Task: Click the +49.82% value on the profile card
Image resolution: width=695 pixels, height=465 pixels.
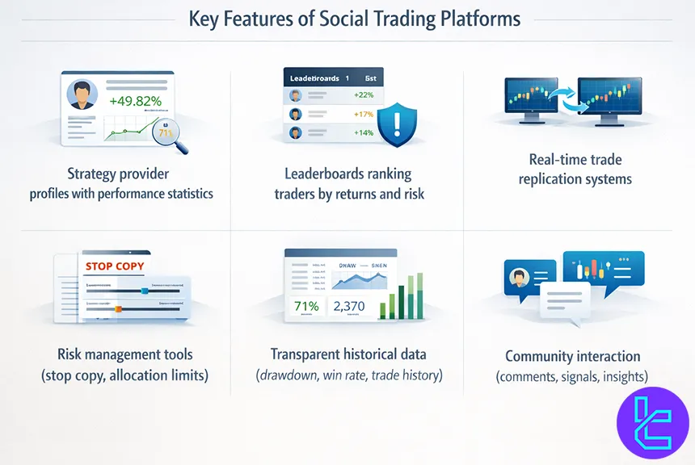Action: coord(135,101)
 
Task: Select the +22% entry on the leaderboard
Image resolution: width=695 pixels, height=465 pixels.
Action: coord(363,94)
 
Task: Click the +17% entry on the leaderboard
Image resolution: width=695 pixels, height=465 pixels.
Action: coord(363,114)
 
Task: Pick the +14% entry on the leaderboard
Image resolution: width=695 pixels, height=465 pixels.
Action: coord(363,132)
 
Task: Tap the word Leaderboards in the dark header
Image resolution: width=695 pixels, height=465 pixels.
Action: coord(314,79)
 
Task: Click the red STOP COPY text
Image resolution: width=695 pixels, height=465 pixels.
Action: coord(113,265)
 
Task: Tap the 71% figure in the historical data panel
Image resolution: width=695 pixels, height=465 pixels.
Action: coord(306,306)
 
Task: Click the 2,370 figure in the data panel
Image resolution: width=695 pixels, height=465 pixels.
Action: coord(349,306)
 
